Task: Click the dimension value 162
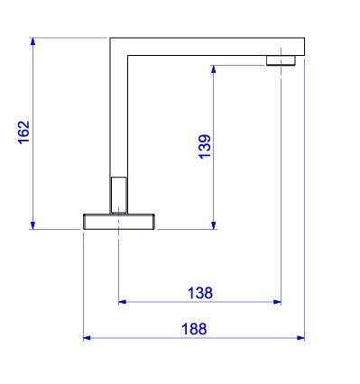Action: pos(24,133)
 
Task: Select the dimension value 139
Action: pos(205,146)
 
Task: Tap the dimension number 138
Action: pos(200,293)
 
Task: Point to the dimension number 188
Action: pos(194,329)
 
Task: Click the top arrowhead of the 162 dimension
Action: pos(33,41)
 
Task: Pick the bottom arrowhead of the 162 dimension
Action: pos(33,225)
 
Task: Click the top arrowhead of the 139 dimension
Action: pos(214,69)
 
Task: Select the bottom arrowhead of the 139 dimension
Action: pos(214,225)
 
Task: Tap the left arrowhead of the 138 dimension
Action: pos(123,302)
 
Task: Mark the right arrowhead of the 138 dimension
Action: pos(277,302)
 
